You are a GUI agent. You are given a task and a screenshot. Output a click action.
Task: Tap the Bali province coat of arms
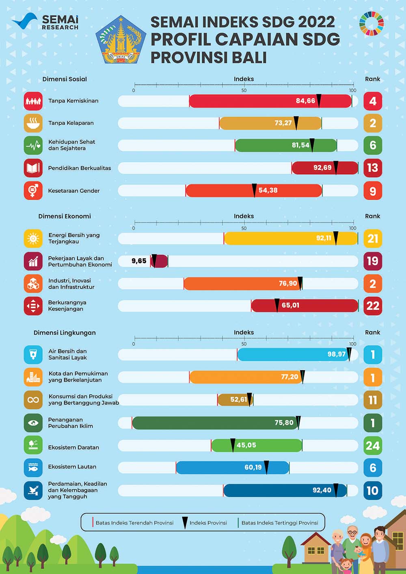[x=121, y=40]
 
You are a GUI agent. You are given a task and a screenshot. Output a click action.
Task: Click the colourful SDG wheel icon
[x=371, y=24]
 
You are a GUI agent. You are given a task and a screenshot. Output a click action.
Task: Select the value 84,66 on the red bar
[x=305, y=101]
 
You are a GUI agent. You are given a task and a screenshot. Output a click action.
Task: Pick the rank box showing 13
[x=373, y=168]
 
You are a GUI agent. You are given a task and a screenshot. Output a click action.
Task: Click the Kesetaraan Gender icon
[x=33, y=190]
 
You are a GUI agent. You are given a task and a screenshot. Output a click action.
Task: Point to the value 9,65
[x=139, y=261]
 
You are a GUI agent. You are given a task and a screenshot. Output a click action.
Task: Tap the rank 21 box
[x=373, y=238]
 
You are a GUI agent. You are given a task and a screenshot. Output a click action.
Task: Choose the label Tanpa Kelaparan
[x=71, y=123]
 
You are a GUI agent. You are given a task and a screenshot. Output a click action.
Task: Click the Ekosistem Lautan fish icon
[x=33, y=468]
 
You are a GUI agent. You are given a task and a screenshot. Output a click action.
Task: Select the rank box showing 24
[x=373, y=446]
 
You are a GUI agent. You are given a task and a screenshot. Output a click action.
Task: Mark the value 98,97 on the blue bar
[x=337, y=354]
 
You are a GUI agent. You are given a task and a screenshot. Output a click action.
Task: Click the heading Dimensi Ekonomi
[x=65, y=216]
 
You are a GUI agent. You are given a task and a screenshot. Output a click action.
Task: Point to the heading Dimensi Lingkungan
[x=65, y=332]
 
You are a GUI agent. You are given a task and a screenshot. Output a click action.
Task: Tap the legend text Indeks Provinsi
[x=208, y=523]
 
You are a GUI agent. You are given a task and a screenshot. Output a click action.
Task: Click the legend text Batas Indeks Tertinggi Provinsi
[x=280, y=523]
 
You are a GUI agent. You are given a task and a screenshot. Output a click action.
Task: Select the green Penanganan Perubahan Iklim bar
[x=215, y=423]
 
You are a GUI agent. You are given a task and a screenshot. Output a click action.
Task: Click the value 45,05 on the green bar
[x=246, y=445]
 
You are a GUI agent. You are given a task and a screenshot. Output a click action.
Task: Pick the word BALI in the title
[x=244, y=58]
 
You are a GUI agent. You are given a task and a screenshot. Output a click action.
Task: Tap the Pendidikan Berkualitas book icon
[x=33, y=168]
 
